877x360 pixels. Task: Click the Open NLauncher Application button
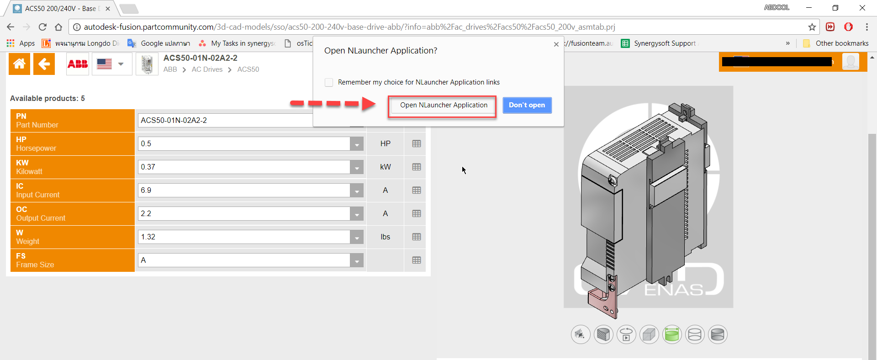(x=443, y=106)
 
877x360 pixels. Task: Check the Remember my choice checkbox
(x=329, y=83)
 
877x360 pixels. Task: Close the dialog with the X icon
(x=556, y=44)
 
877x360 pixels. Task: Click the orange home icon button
(x=19, y=64)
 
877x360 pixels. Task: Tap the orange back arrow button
(x=44, y=64)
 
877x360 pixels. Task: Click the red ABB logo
(x=78, y=64)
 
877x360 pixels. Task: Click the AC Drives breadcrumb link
(x=207, y=69)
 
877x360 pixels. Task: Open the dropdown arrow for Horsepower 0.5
(x=357, y=144)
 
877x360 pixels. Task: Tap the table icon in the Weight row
(x=416, y=237)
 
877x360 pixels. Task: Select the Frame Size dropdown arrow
(x=357, y=261)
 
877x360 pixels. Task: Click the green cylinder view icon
(x=671, y=335)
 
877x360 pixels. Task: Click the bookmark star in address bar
(x=812, y=27)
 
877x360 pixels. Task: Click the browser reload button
(x=42, y=27)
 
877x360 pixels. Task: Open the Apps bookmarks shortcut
(x=21, y=43)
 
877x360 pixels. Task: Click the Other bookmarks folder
(x=836, y=43)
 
